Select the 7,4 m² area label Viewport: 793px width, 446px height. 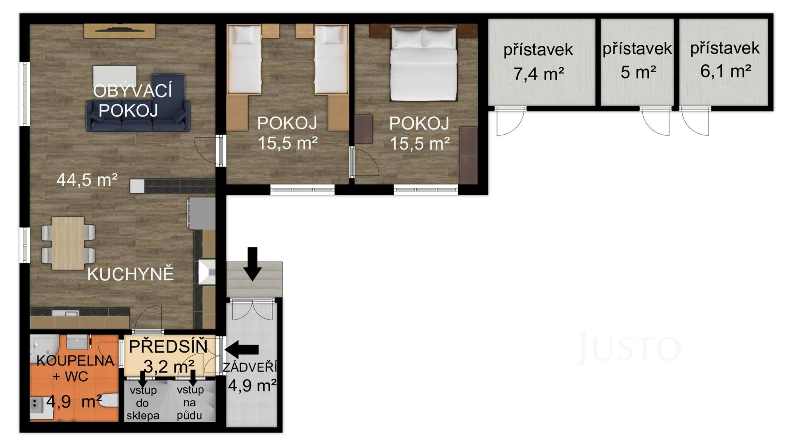539,74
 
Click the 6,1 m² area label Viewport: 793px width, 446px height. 725,71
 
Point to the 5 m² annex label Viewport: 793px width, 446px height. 638,72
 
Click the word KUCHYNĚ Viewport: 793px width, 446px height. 131,274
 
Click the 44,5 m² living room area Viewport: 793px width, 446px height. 87,180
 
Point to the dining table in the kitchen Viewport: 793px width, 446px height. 68,244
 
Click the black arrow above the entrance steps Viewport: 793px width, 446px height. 252,264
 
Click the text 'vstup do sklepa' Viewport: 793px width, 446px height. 143,403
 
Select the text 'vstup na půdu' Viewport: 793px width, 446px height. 190,402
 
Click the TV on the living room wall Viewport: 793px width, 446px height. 119,29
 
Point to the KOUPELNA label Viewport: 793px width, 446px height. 75,361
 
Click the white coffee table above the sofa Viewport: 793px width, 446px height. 114,76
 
